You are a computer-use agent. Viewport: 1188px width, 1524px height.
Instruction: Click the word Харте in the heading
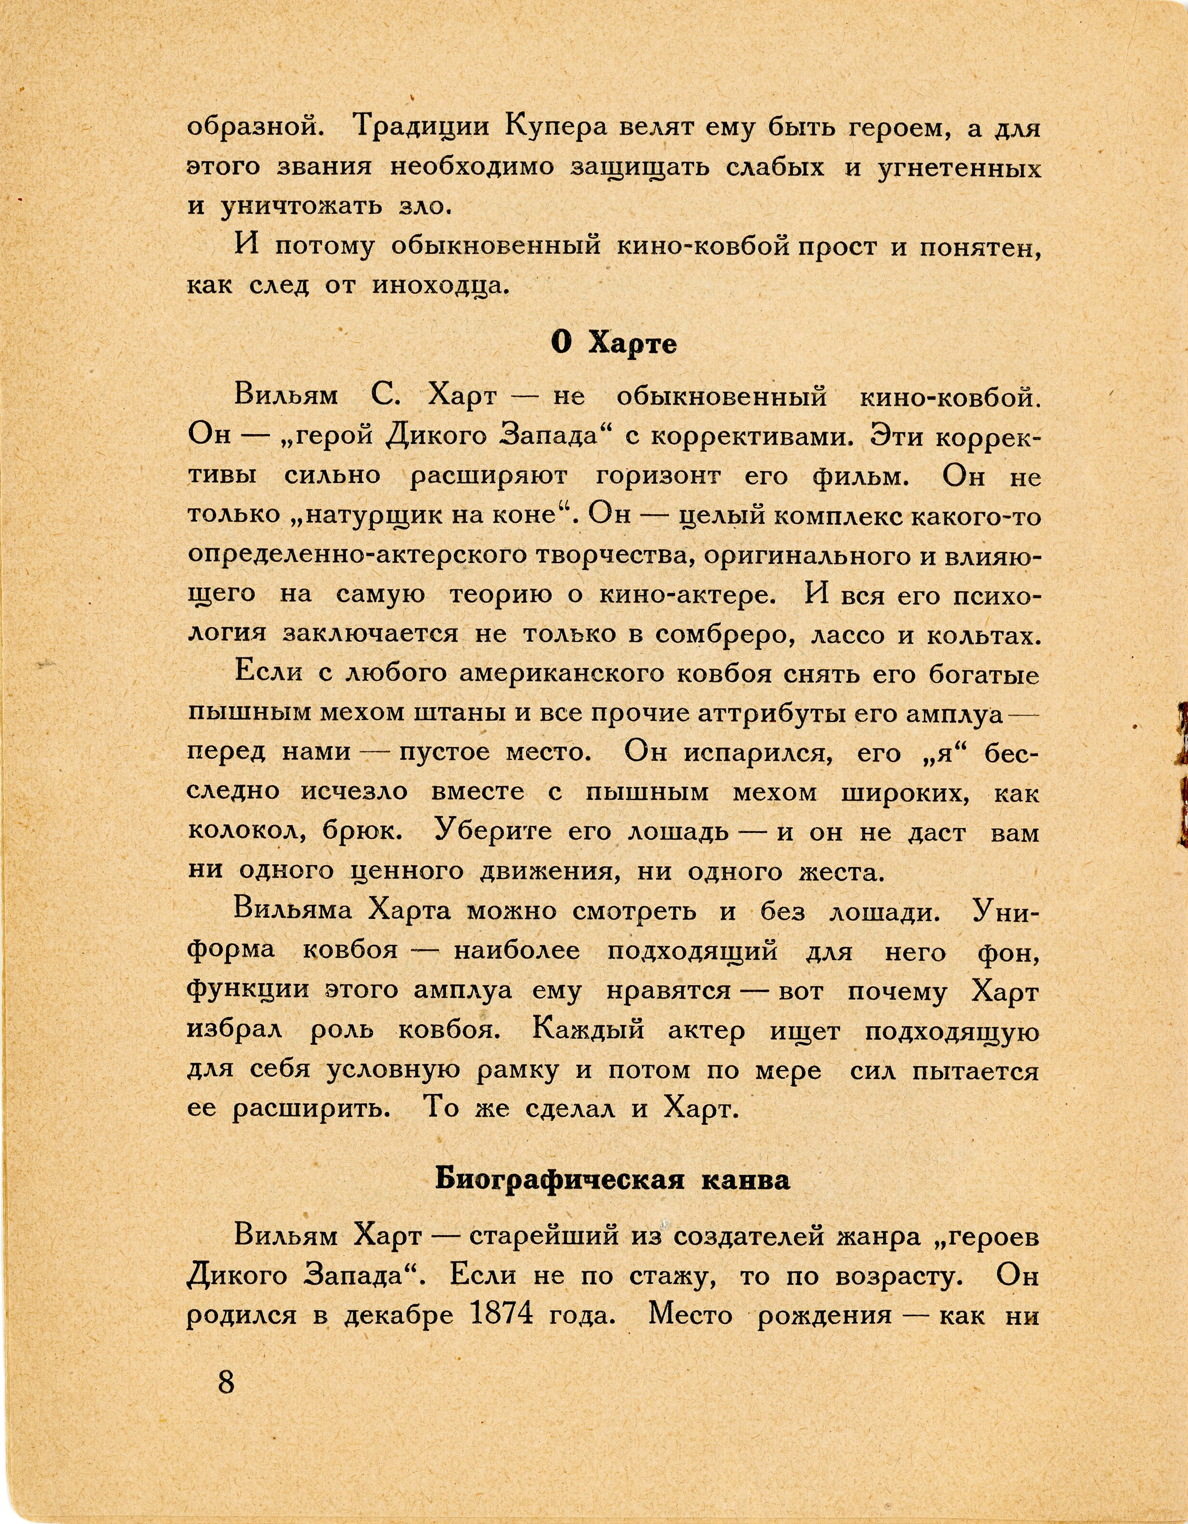pyautogui.click(x=633, y=343)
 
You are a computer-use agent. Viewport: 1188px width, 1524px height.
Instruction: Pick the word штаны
pyautogui.click(x=464, y=713)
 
